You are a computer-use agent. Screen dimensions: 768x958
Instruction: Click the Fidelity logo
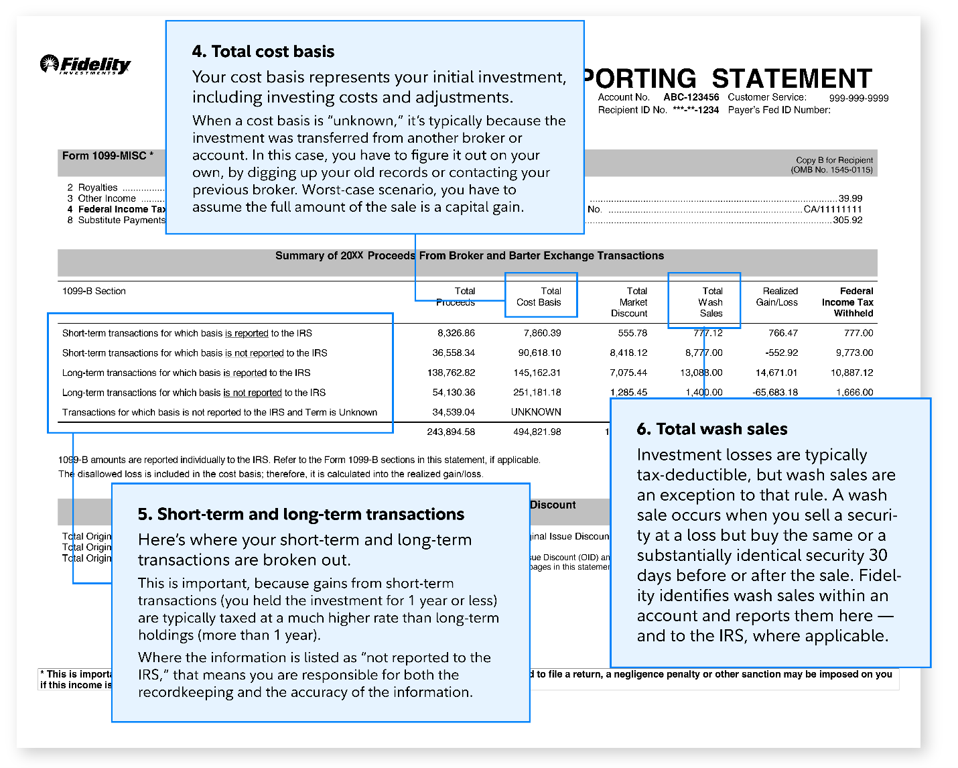click(x=85, y=64)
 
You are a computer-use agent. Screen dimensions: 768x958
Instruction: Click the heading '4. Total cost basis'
click(x=263, y=52)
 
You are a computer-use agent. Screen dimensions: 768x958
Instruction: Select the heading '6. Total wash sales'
click(x=711, y=429)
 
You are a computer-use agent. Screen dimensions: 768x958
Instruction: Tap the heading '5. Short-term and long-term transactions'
click(x=301, y=514)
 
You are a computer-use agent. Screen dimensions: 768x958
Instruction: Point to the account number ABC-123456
click(x=691, y=97)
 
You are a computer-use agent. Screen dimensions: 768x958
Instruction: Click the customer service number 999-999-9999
click(x=858, y=98)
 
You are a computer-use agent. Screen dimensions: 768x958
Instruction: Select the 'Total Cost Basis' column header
click(x=539, y=296)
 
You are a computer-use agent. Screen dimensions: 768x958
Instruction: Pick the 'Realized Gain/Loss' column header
click(x=777, y=296)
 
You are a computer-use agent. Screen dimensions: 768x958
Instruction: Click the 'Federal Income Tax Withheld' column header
click(x=847, y=302)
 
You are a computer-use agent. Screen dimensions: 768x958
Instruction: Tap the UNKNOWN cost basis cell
click(x=536, y=412)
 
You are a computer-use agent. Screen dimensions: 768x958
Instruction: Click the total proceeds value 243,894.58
click(x=451, y=432)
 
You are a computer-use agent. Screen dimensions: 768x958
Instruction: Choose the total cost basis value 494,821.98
click(x=537, y=432)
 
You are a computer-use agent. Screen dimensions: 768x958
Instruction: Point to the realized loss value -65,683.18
click(x=775, y=392)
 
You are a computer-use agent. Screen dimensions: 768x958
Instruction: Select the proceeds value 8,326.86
click(x=456, y=332)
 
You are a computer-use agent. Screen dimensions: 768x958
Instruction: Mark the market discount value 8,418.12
click(x=628, y=353)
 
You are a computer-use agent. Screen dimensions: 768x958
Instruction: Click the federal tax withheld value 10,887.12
click(x=851, y=373)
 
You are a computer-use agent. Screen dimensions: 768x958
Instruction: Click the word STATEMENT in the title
click(x=791, y=78)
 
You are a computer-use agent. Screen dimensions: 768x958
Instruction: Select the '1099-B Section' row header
click(x=94, y=291)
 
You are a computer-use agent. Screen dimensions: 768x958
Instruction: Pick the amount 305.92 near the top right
click(x=847, y=220)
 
